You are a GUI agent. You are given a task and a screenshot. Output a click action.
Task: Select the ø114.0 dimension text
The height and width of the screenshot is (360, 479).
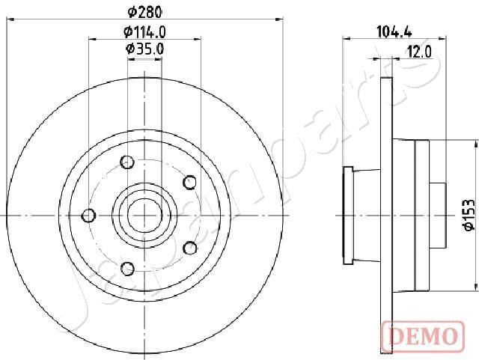tap(144, 31)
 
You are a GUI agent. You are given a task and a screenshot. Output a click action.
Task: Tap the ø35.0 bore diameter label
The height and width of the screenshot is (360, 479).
tap(144, 49)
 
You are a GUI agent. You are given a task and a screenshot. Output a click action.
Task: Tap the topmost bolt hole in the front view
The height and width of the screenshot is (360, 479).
tap(127, 161)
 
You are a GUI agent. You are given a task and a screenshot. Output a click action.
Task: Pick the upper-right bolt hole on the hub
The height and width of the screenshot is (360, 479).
tap(189, 181)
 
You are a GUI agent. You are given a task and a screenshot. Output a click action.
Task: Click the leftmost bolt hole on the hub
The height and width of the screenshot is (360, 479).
tap(89, 216)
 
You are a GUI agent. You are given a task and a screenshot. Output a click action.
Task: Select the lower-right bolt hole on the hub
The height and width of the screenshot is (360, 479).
tap(189, 248)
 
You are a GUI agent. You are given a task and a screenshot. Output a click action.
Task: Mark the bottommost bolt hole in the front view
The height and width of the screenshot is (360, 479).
tap(127, 268)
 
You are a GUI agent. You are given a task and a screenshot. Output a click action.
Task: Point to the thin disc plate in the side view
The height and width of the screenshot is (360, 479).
tap(387, 215)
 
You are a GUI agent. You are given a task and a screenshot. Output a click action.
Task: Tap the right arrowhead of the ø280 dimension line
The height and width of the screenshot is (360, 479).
tap(282, 18)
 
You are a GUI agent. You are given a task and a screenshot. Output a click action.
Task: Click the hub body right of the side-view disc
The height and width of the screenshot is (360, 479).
tap(419, 215)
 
